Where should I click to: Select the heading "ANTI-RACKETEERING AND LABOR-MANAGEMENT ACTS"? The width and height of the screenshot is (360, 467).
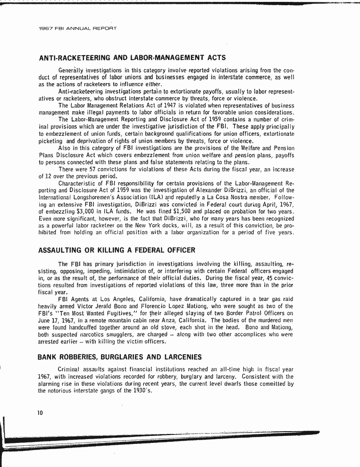coord(132,58)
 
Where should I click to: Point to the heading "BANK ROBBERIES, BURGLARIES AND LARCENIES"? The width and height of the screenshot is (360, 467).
coord(120,357)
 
